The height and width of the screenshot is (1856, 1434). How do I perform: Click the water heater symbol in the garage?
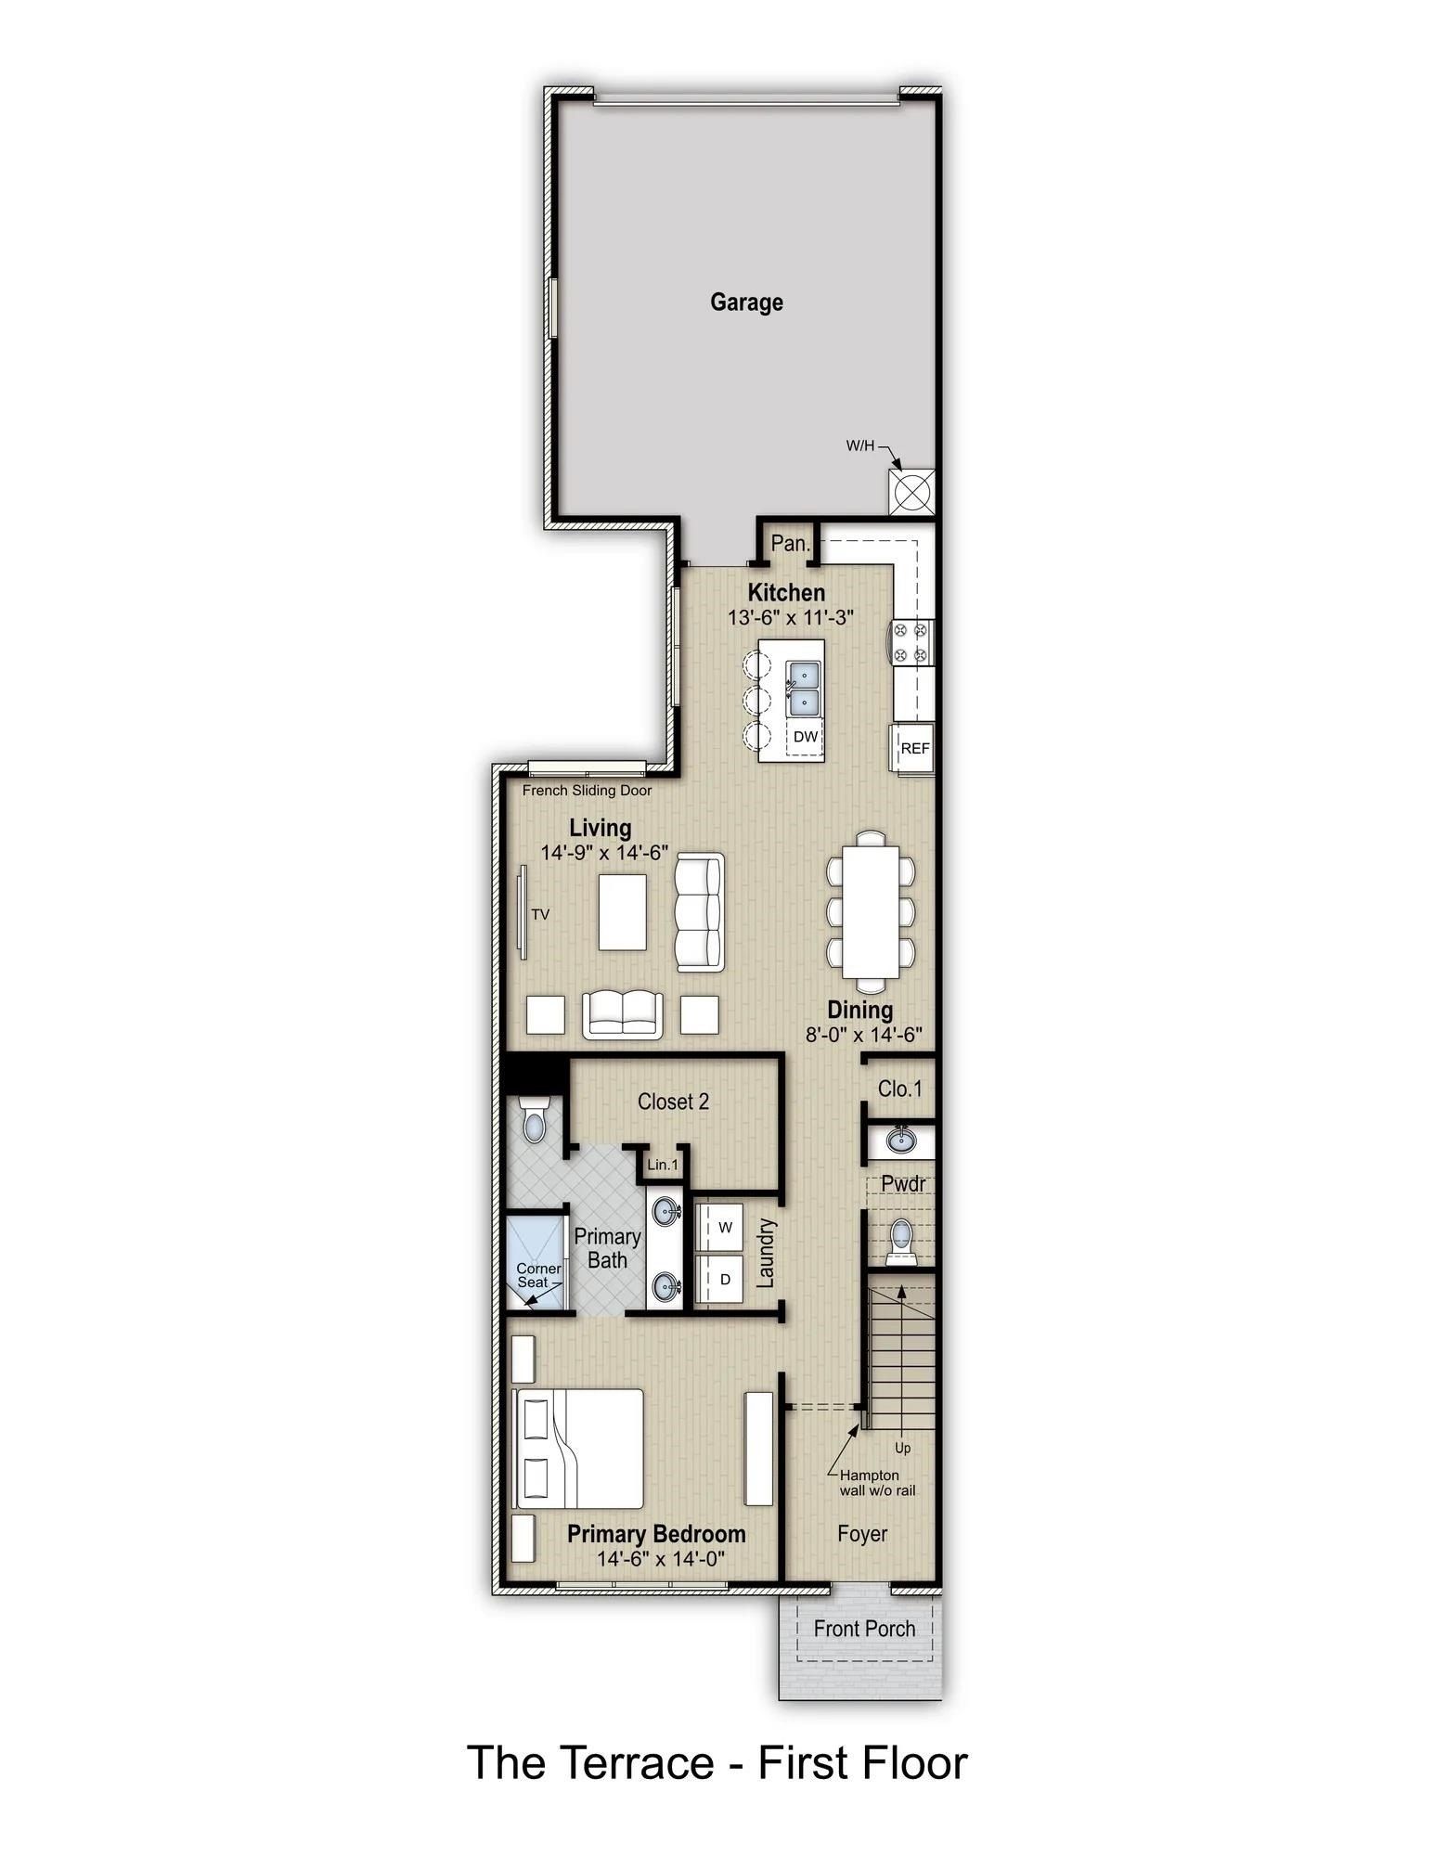tap(912, 491)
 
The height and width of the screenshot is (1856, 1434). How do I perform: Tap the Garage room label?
tap(746, 303)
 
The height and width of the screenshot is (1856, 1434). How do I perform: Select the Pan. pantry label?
tap(790, 544)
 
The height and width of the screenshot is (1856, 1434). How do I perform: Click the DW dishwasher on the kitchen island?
tap(806, 737)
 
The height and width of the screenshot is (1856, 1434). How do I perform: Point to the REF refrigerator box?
tap(914, 748)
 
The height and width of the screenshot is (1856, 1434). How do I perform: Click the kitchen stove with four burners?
tap(911, 642)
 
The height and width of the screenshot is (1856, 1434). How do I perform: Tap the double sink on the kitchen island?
tap(804, 688)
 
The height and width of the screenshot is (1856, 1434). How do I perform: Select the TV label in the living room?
tap(540, 914)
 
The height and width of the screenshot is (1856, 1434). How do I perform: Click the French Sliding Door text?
tap(587, 791)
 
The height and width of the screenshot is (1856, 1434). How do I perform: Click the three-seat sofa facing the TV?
tap(699, 914)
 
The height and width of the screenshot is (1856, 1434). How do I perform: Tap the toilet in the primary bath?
tap(535, 1120)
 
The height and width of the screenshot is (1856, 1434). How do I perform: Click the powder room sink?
tap(899, 1139)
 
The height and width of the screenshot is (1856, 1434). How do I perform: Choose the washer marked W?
tap(725, 1227)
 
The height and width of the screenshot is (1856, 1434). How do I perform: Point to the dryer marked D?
tap(725, 1279)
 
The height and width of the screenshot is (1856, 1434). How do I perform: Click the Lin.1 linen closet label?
tap(663, 1165)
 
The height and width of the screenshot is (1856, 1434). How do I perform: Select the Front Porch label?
tap(864, 1629)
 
